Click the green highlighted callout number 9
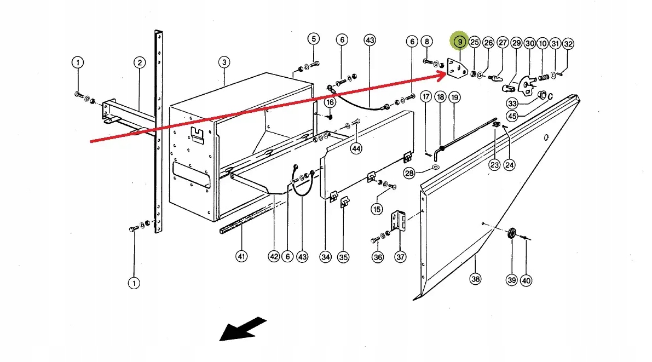pos(460,42)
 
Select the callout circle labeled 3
pos(224,62)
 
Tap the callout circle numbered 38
pos(475,279)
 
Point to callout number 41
pos(241,256)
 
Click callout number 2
pos(140,62)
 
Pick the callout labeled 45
pos(512,116)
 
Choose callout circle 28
pos(409,173)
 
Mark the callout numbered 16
pos(330,102)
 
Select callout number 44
pos(357,148)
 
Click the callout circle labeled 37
pos(401,256)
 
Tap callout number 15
pos(377,209)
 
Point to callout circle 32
pos(568,44)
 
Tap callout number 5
pos(313,39)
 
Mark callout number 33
pos(512,103)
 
